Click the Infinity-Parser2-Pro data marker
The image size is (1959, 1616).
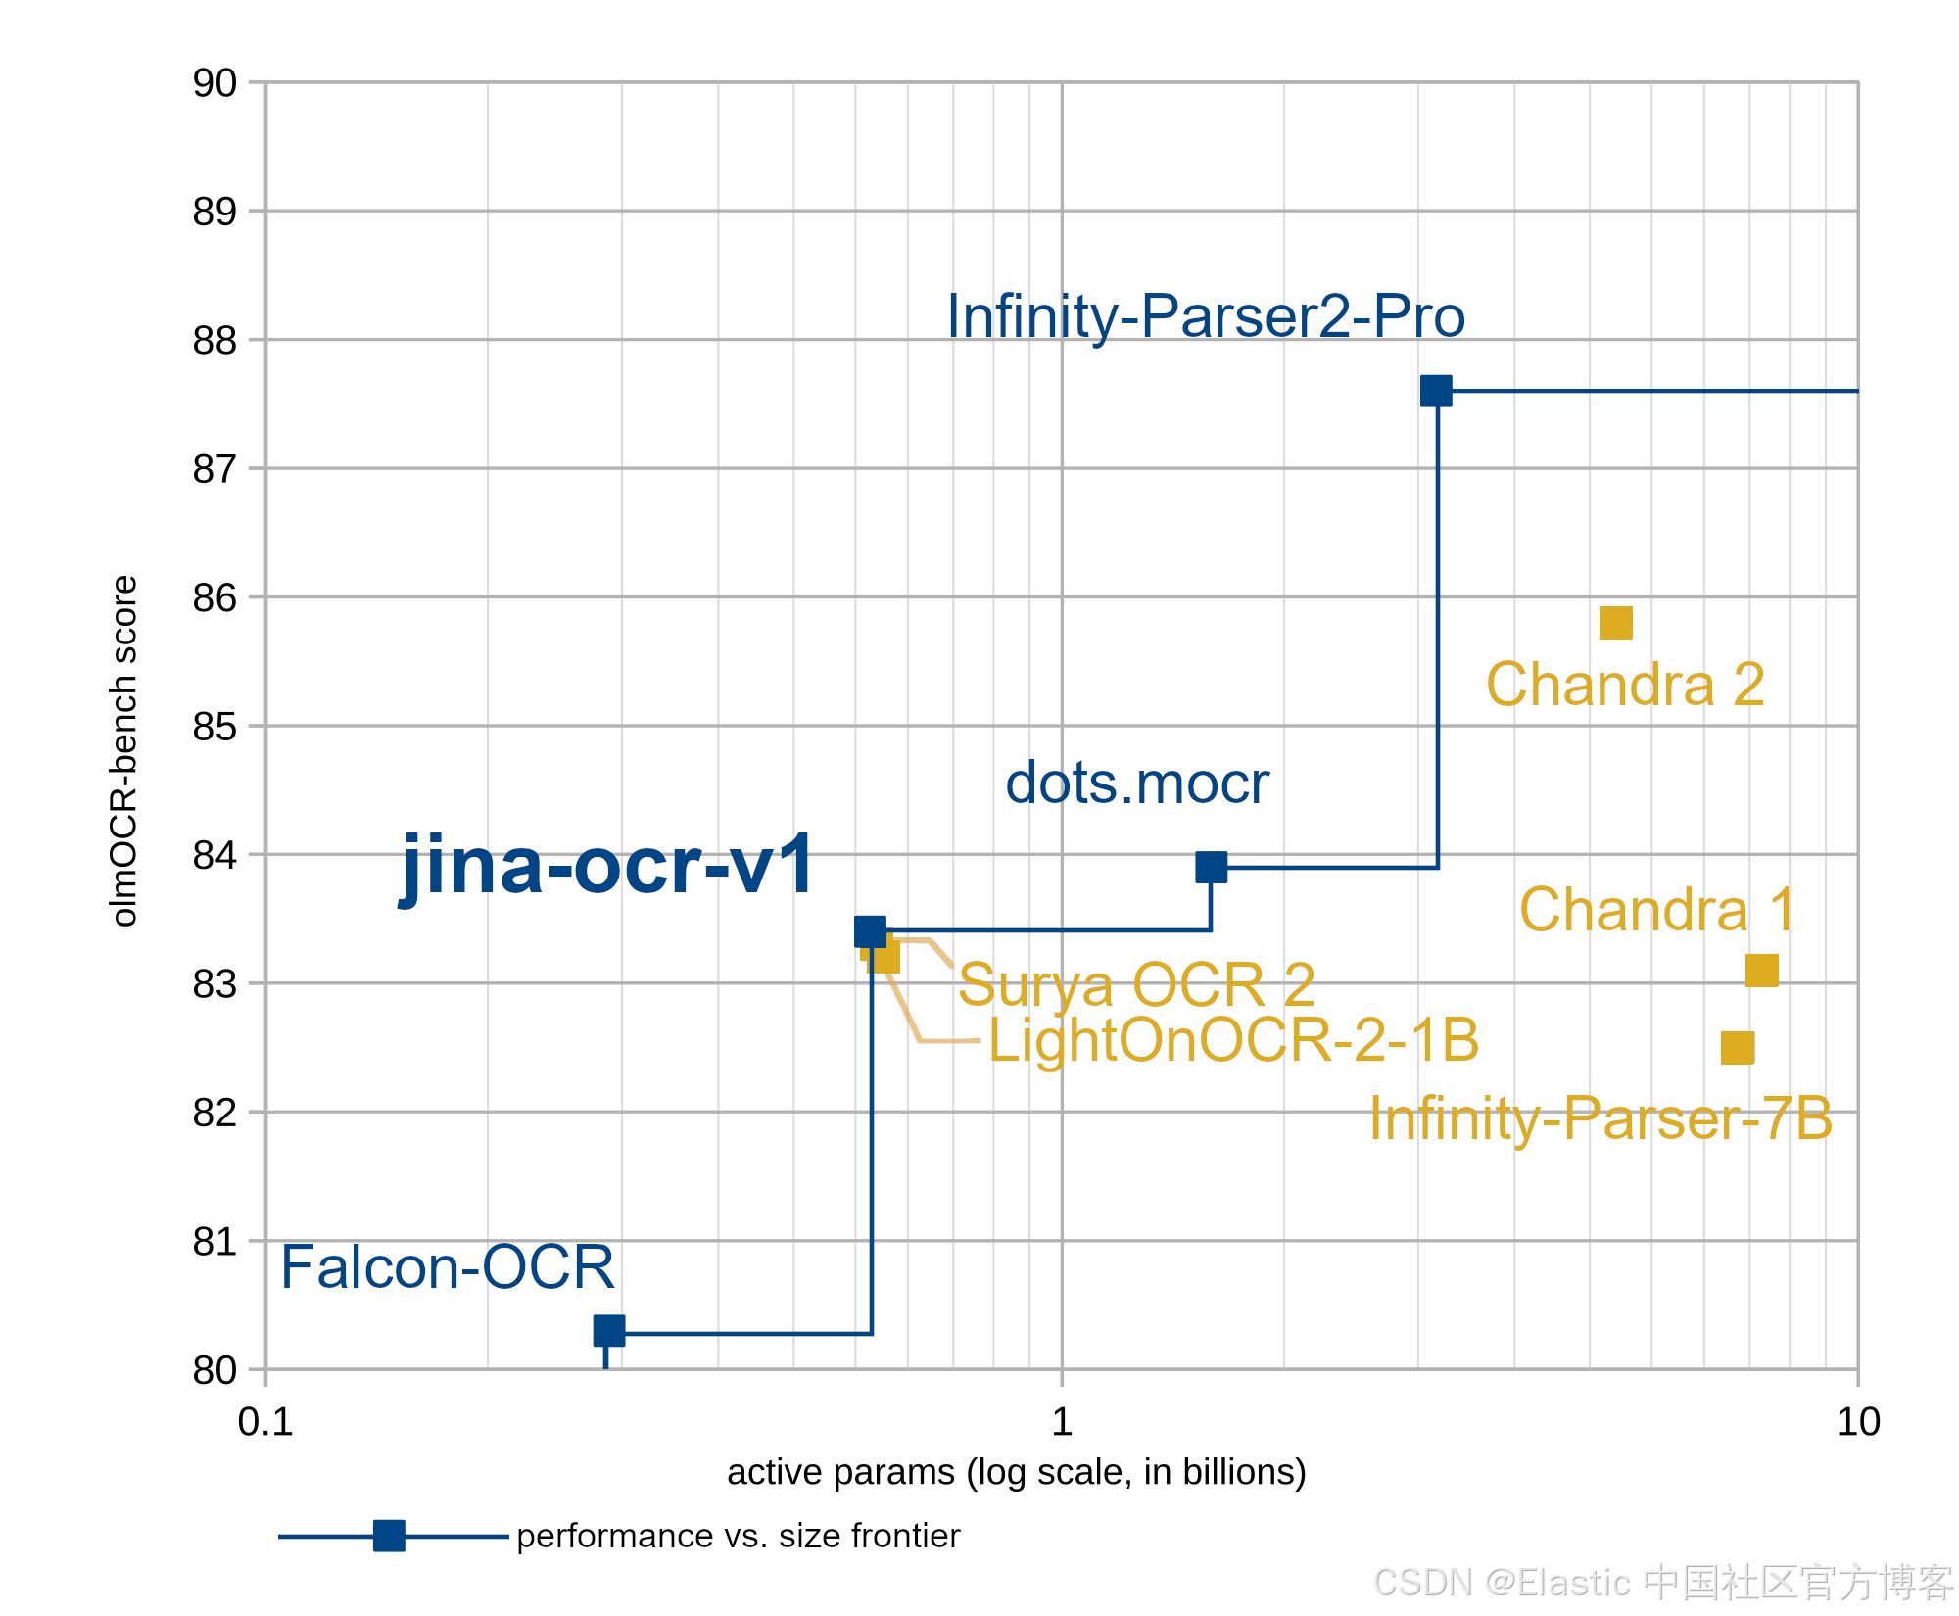[x=1436, y=391]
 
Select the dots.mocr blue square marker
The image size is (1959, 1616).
[x=1212, y=867]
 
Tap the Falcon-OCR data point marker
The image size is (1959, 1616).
[x=609, y=1331]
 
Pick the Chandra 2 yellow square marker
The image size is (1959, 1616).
[x=1616, y=623]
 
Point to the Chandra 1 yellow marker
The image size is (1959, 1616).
[x=1762, y=971]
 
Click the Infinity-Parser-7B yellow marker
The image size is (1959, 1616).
[x=1738, y=1048]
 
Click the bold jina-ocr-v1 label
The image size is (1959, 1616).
[x=607, y=866]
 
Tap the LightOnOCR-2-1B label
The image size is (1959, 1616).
[x=1234, y=1039]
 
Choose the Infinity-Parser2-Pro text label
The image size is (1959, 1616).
[x=1206, y=316]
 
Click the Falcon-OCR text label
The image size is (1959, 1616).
[x=448, y=1267]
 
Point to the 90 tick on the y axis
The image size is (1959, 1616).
[x=215, y=83]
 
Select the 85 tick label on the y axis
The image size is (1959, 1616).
[x=215, y=727]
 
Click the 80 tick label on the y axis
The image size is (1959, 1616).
[x=215, y=1370]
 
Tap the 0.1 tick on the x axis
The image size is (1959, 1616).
[x=265, y=1422]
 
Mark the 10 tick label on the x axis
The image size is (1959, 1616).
[x=1858, y=1422]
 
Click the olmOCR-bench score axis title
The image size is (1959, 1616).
[x=124, y=751]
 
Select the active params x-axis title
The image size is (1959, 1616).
[x=1017, y=1473]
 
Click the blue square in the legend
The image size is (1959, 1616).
[x=389, y=1536]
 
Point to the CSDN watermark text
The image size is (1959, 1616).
[x=1663, y=1583]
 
